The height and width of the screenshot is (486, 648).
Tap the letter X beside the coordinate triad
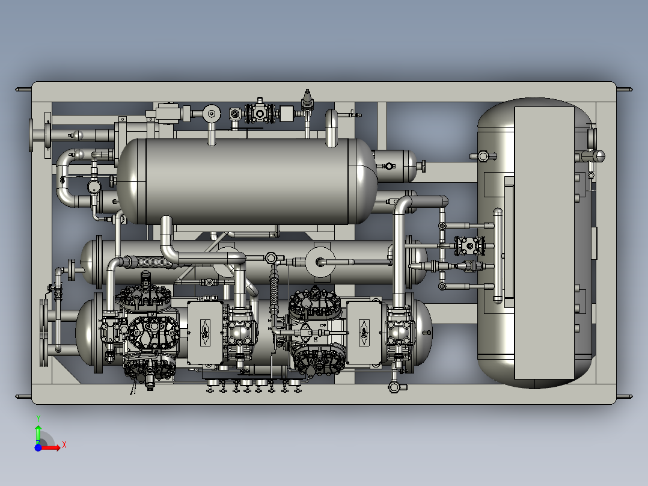[x=64, y=445]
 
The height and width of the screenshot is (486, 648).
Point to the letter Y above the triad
[x=38, y=419]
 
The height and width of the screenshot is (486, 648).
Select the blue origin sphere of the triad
[x=38, y=448]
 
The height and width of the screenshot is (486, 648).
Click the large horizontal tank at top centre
[x=246, y=181]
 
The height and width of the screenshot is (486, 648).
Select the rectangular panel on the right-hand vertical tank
[x=544, y=243]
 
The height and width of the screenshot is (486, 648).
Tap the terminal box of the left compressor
[x=206, y=333]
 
